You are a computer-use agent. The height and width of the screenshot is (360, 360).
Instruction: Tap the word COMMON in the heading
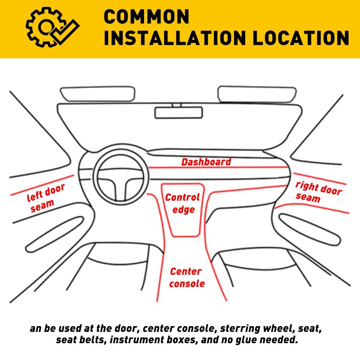[147, 17]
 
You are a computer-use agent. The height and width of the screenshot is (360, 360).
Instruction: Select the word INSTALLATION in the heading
[175, 38]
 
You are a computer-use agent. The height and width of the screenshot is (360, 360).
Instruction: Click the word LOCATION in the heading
[301, 38]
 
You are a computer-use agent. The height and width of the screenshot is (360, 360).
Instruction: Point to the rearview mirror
[179, 112]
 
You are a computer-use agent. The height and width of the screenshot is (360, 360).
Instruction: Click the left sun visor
[98, 94]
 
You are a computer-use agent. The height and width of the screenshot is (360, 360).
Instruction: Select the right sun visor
[257, 94]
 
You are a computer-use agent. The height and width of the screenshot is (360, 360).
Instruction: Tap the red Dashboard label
[206, 162]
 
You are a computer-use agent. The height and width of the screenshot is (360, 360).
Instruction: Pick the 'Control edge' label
[183, 203]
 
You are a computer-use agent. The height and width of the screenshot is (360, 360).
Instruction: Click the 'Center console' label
[186, 277]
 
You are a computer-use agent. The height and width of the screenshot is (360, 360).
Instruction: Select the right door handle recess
[310, 230]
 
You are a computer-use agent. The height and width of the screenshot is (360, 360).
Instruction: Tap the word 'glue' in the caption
[245, 340]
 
